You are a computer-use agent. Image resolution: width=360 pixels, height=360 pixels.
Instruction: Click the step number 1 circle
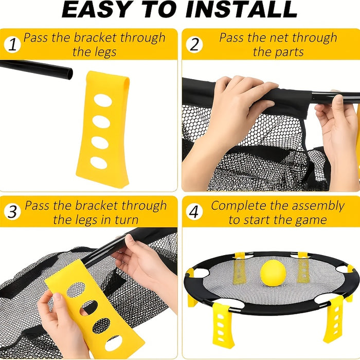point(13,45)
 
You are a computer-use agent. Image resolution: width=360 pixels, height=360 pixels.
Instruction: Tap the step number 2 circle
point(194,45)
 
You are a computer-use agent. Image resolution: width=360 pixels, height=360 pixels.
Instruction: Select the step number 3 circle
point(13,212)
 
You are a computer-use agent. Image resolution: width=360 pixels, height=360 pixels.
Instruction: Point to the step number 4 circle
point(194,212)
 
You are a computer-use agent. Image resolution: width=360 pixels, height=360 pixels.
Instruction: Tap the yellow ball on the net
point(273,273)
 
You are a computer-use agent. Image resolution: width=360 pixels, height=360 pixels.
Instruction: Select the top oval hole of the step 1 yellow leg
point(103,100)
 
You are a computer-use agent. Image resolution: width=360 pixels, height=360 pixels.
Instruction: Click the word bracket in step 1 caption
point(96,38)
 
